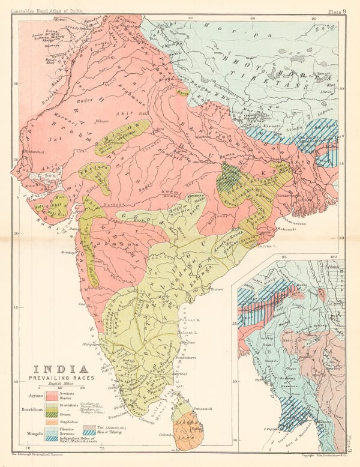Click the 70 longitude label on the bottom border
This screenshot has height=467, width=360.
(x=29, y=448)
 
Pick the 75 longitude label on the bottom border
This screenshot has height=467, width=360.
(x=103, y=448)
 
